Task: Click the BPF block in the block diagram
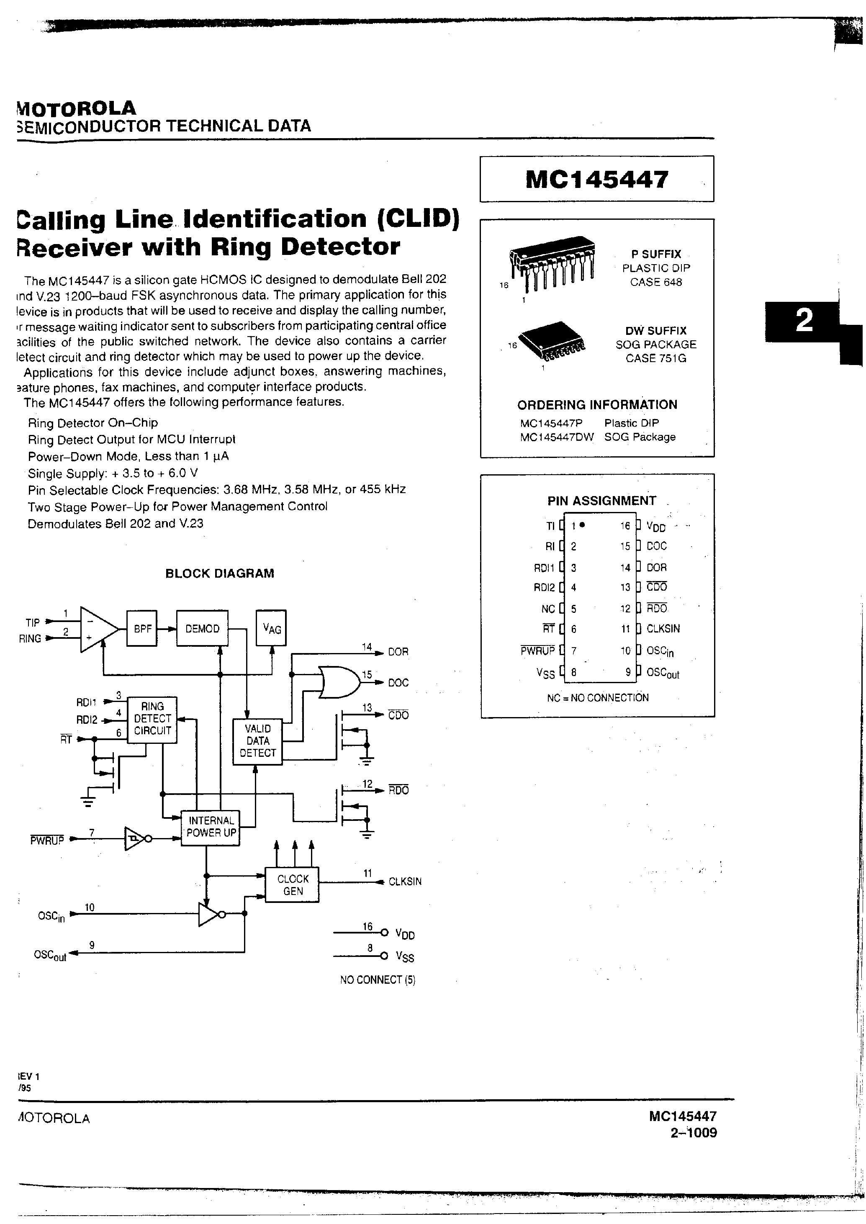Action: point(142,629)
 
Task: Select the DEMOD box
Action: point(202,629)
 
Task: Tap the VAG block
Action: point(271,628)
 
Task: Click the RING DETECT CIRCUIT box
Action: point(152,719)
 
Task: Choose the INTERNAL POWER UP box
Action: point(211,827)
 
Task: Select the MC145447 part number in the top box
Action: point(596,179)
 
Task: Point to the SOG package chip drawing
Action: point(551,340)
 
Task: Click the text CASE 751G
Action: point(655,358)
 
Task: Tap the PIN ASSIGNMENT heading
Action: point(601,501)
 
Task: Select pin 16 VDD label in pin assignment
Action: point(656,527)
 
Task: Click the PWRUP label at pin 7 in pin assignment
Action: point(537,651)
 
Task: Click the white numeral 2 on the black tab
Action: point(804,321)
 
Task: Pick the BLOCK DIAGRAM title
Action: point(220,573)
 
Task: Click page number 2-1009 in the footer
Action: point(693,1133)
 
